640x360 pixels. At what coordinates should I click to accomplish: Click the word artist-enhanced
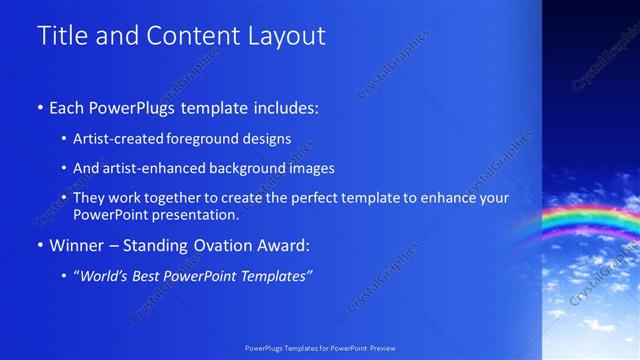(x=147, y=168)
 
